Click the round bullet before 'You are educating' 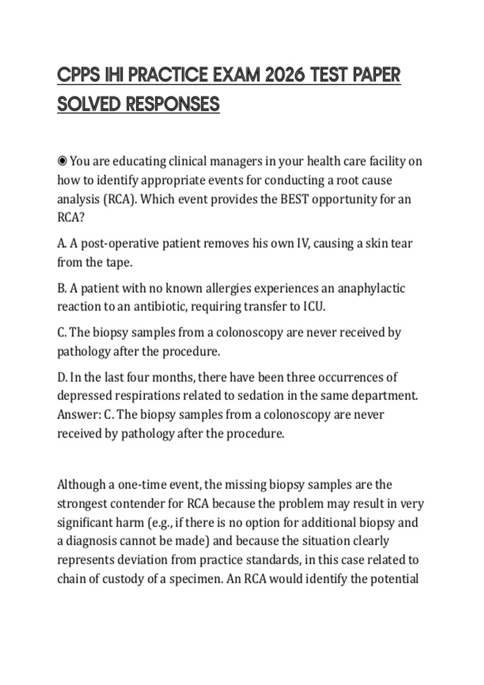[x=62, y=161]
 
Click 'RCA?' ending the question [x=71, y=218]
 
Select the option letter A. [x=62, y=243]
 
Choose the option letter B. [x=62, y=288]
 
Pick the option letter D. [x=62, y=377]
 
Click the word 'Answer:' [x=79, y=415]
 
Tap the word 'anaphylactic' [x=371, y=288]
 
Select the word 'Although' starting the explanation [x=81, y=484]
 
